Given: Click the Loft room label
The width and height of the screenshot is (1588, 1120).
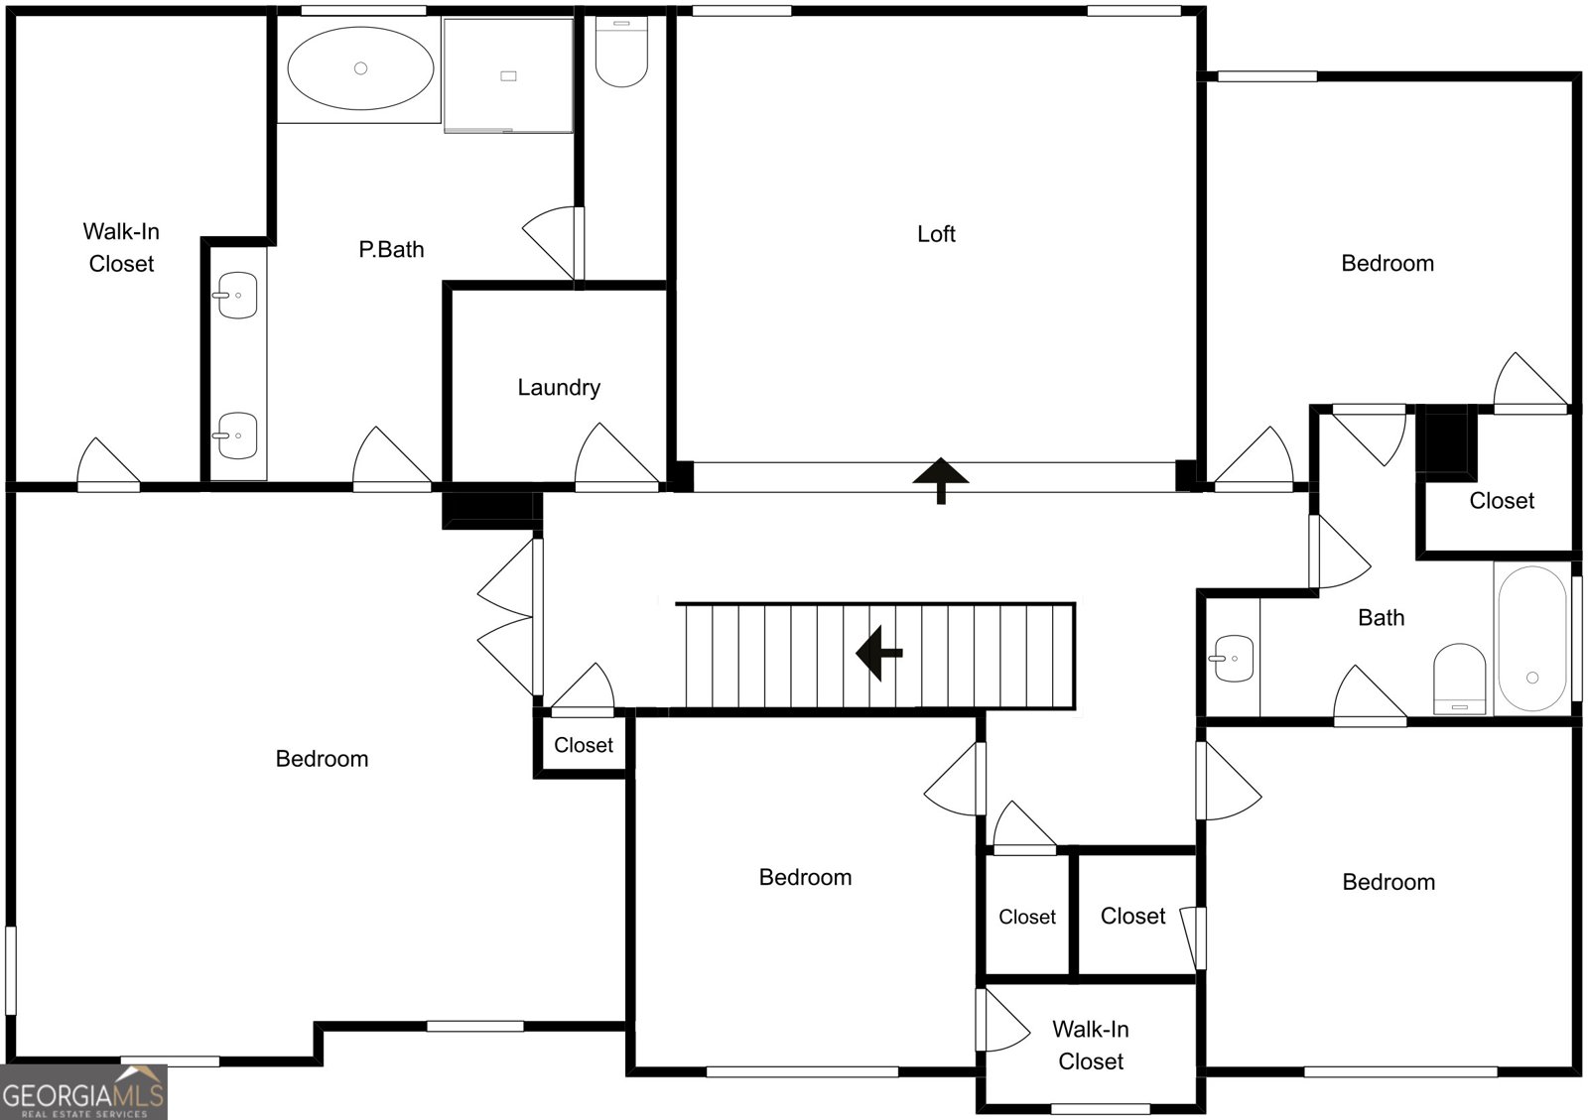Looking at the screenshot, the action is click(936, 234).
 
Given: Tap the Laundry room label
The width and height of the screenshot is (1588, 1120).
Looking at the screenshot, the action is click(559, 388).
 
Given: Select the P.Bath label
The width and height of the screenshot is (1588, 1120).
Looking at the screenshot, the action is click(391, 249).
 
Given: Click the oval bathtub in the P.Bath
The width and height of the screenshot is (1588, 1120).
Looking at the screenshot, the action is click(360, 68).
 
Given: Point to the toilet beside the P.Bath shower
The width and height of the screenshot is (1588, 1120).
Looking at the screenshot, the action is click(621, 52).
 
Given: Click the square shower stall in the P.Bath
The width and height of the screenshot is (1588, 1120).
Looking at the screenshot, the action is click(508, 75).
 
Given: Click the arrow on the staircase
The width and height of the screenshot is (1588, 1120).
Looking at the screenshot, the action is click(879, 653).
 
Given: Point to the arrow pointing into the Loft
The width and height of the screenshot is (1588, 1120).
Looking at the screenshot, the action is click(941, 480).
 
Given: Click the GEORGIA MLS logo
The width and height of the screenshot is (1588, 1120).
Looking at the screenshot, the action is click(83, 1092).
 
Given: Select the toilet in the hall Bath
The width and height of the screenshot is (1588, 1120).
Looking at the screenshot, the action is click(1459, 679).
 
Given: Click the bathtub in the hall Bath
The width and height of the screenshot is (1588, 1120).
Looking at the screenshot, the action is click(1531, 638).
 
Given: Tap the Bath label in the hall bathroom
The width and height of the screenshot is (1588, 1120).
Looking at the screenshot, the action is click(1381, 618).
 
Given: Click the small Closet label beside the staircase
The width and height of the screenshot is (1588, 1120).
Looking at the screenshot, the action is click(584, 745).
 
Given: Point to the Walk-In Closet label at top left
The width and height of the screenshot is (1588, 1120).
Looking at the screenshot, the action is click(121, 247).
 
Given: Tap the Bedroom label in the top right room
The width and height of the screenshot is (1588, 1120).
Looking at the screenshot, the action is click(1388, 264).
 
